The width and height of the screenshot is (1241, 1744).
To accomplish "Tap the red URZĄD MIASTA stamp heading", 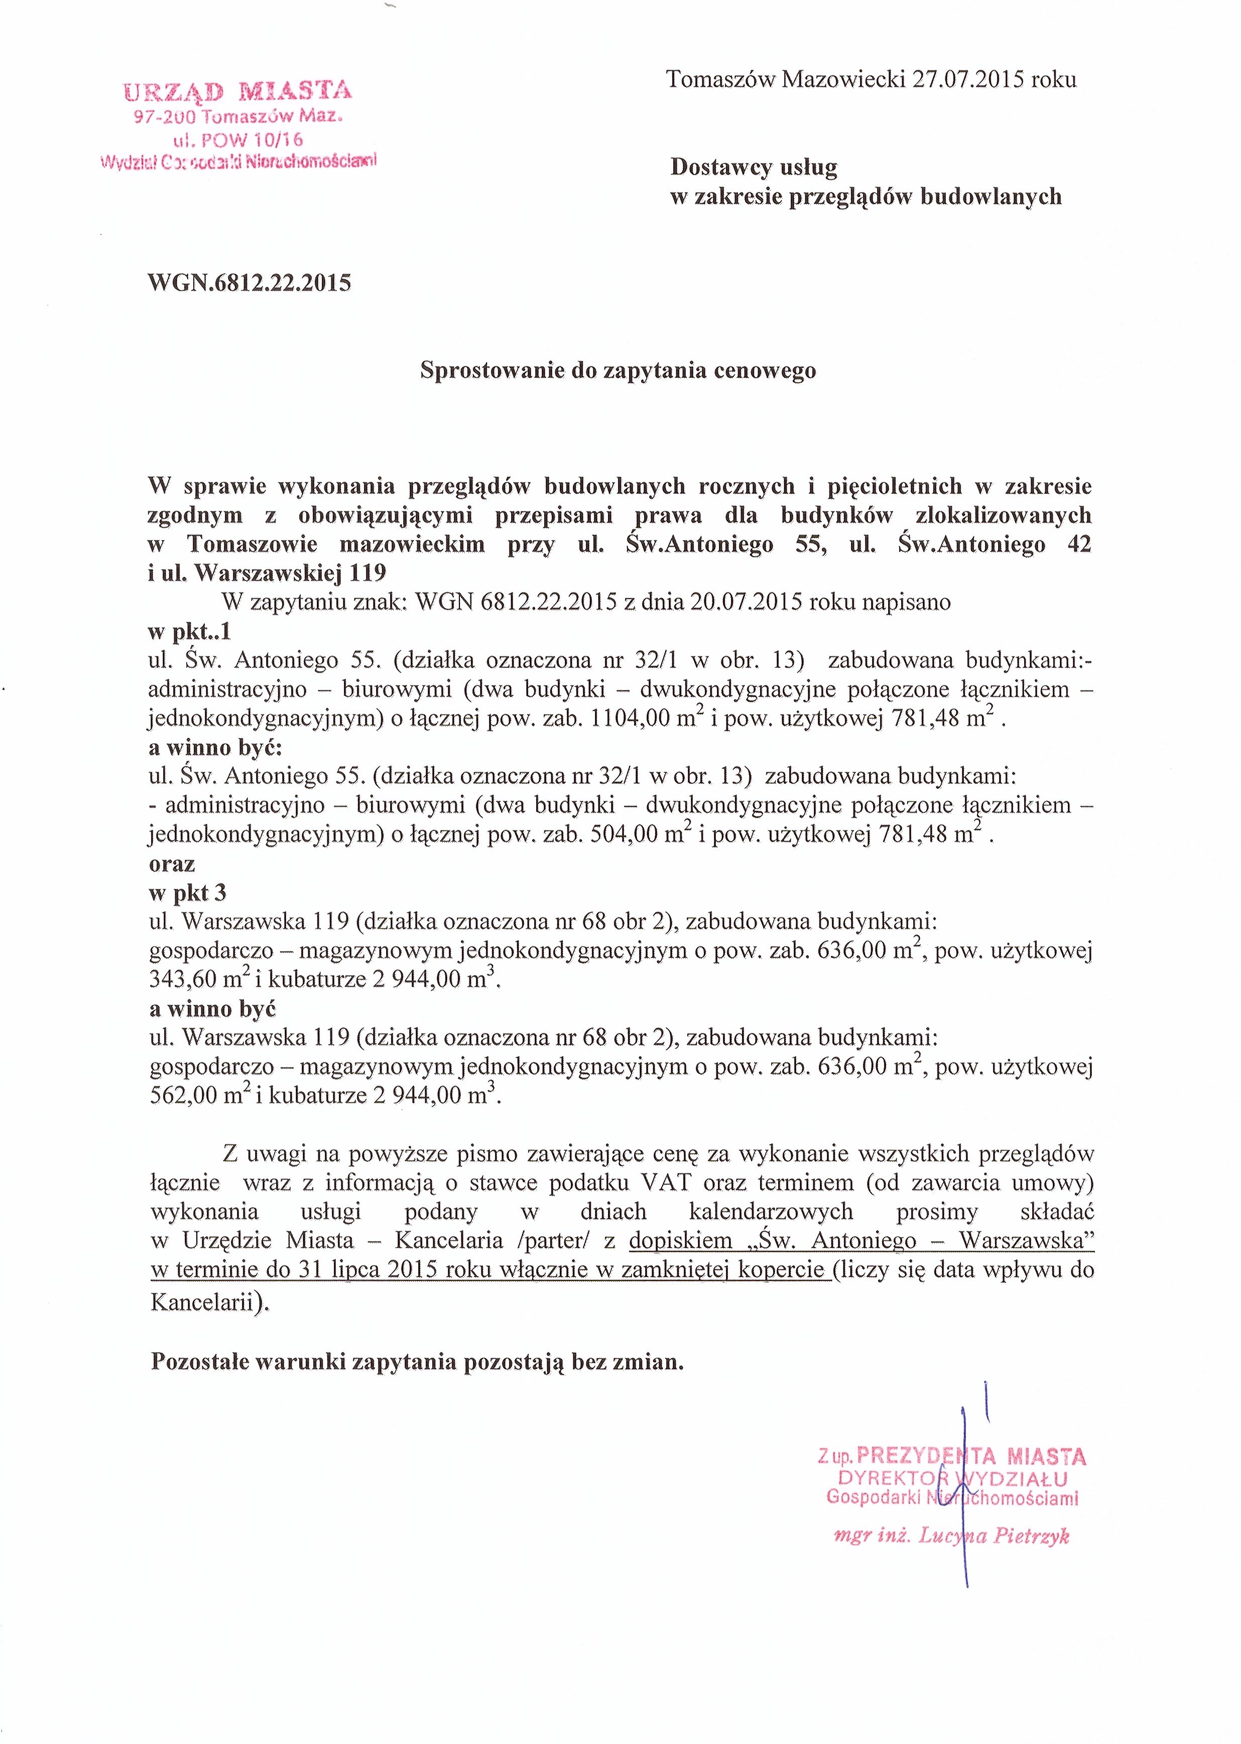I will click(x=237, y=92).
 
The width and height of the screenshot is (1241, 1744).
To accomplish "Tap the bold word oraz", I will click(x=172, y=864).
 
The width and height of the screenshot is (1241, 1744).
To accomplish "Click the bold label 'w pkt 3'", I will click(x=187, y=893).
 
